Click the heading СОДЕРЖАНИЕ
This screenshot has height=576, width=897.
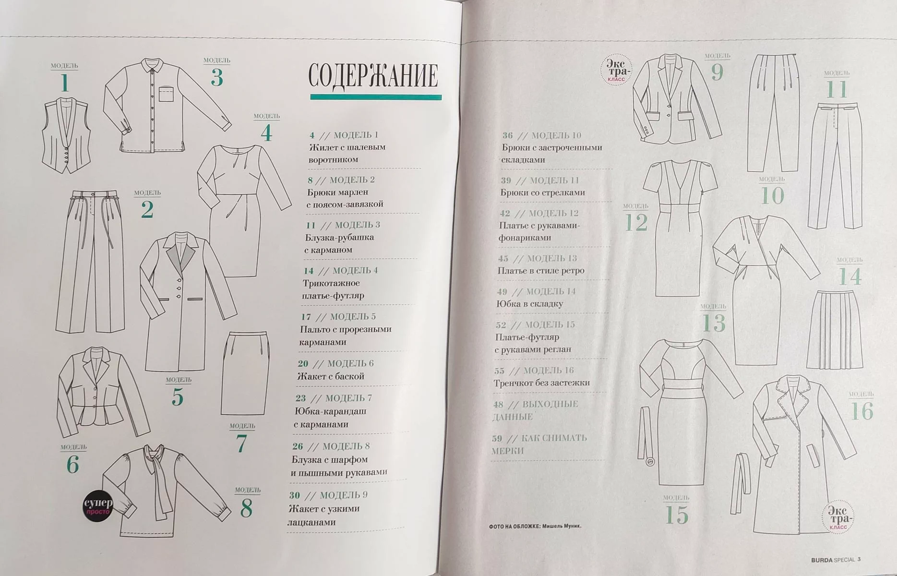(373, 75)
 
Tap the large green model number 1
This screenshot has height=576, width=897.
(65, 83)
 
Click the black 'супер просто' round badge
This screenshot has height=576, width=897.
(98, 505)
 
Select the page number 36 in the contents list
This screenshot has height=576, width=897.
(507, 136)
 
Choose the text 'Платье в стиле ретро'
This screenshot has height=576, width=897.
(541, 271)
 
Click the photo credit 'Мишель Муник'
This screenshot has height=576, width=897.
(561, 526)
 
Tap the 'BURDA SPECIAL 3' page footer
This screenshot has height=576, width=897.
(836, 559)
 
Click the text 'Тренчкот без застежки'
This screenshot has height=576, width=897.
(541, 383)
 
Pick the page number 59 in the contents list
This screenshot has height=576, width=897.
(497, 438)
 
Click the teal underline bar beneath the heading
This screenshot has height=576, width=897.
(376, 97)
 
